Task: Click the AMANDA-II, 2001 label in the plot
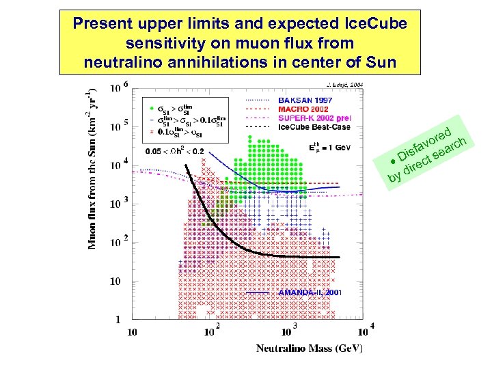point(310,292)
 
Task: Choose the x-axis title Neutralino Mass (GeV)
point(310,348)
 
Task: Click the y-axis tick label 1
point(118,320)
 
